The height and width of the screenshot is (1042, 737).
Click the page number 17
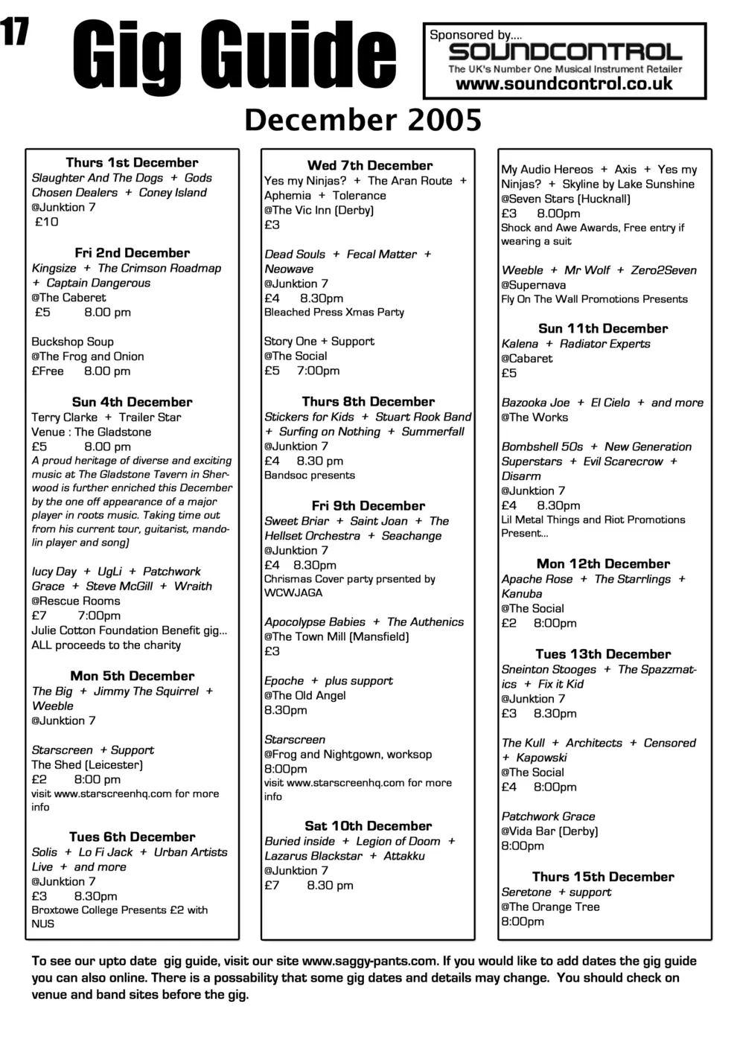click(15, 31)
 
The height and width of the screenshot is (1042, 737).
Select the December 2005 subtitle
click(363, 120)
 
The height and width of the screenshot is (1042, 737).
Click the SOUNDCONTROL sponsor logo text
click(565, 52)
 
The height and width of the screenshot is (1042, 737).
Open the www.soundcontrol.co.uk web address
click(564, 84)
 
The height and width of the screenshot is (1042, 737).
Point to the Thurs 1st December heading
click(132, 162)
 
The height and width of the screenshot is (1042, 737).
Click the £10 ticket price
click(47, 222)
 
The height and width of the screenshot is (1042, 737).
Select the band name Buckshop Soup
click(72, 342)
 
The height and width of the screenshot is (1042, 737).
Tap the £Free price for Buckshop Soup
click(48, 371)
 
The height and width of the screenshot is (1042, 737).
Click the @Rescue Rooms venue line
click(75, 601)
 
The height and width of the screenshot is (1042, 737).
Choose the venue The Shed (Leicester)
click(86, 764)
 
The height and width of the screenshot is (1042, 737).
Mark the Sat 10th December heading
click(368, 825)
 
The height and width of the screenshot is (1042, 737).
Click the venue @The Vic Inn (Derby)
click(319, 210)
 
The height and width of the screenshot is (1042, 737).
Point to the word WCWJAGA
click(293, 592)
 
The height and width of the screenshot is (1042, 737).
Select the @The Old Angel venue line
click(305, 695)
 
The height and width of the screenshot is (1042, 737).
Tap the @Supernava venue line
click(533, 285)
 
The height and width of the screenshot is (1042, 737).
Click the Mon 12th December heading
click(603, 563)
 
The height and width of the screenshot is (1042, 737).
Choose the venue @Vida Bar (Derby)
click(549, 831)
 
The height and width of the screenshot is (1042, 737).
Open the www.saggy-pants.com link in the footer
click(369, 961)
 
